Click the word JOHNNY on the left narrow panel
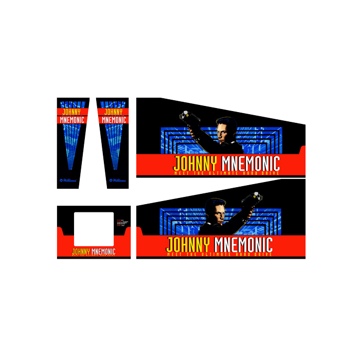point(72,111)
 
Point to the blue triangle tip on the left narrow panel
point(71,168)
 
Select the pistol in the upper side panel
point(186,117)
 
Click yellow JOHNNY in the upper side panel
point(196,163)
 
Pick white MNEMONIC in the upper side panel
point(250,163)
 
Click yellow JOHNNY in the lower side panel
point(188,244)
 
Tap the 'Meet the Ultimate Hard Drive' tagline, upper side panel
point(226,173)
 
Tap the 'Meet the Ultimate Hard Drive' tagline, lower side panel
point(219,254)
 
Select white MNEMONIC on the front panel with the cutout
point(103,252)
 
